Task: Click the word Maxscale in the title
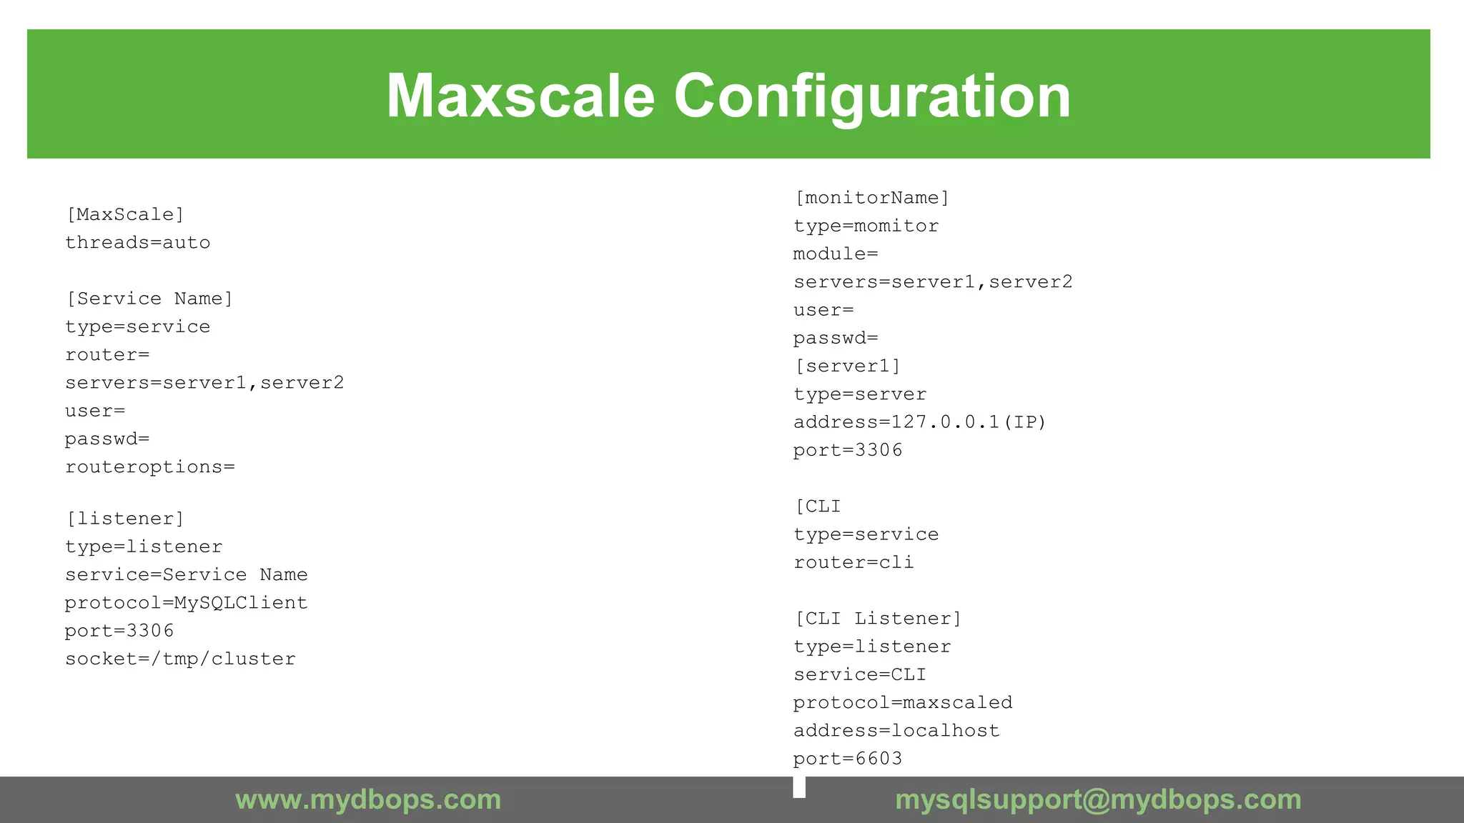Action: point(520,96)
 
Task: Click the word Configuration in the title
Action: point(872,96)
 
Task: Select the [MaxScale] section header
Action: point(125,214)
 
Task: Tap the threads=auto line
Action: point(138,243)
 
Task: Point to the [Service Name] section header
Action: point(149,299)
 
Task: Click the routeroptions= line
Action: point(150,467)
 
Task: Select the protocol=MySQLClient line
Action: point(187,603)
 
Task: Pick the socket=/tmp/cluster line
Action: point(180,659)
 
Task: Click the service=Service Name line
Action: point(187,575)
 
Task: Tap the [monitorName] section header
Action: point(872,198)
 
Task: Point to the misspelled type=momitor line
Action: point(866,226)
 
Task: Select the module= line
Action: point(836,254)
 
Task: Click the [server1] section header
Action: point(847,366)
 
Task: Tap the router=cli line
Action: point(854,563)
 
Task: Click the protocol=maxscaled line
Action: point(903,703)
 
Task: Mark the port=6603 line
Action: point(848,759)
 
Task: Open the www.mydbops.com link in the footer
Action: point(368,799)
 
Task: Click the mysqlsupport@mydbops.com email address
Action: point(1098,799)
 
